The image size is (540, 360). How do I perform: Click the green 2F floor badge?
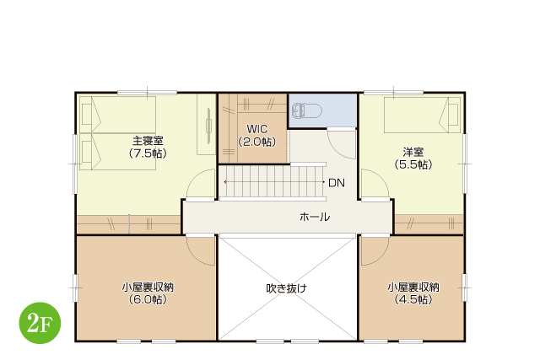click(x=40, y=323)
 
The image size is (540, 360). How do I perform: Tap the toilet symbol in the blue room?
click(x=307, y=110)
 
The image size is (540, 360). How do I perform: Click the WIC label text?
click(x=256, y=129)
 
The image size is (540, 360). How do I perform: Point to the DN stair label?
click(x=337, y=183)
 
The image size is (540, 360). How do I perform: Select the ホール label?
click(x=315, y=217)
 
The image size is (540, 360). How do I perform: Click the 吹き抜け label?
click(x=286, y=288)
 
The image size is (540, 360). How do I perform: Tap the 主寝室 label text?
click(x=148, y=141)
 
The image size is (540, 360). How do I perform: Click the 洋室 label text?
click(x=413, y=152)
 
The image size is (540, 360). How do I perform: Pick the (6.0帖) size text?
click(x=148, y=299)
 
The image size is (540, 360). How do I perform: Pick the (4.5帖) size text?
click(x=413, y=299)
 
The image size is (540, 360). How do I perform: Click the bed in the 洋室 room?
click(x=422, y=115)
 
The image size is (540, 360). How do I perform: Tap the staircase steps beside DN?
click(x=273, y=182)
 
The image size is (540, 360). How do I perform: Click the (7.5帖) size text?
click(x=148, y=153)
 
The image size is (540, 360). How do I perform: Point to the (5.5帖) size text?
click(x=413, y=164)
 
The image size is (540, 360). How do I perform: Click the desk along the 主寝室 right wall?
click(x=206, y=125)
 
